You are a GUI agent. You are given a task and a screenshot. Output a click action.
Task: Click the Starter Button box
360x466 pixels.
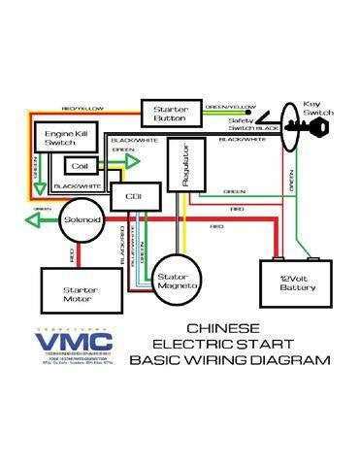170,113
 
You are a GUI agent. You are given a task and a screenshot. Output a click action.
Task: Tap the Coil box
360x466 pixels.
82,167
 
